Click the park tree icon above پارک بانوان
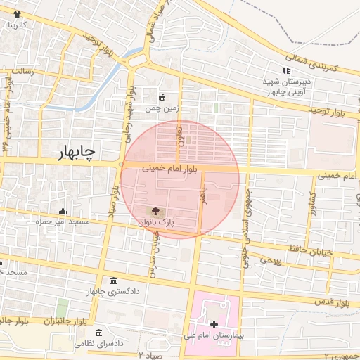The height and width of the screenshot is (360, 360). click(x=155, y=210)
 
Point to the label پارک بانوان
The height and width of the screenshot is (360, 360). click(x=156, y=222)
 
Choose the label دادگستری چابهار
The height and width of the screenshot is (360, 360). click(x=112, y=290)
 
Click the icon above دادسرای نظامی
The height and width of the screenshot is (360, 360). click(x=98, y=332)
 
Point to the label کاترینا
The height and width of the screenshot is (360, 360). click(x=17, y=25)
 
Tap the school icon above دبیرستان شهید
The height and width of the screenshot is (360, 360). click(x=285, y=70)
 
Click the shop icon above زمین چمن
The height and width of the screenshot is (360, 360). click(x=162, y=98)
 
